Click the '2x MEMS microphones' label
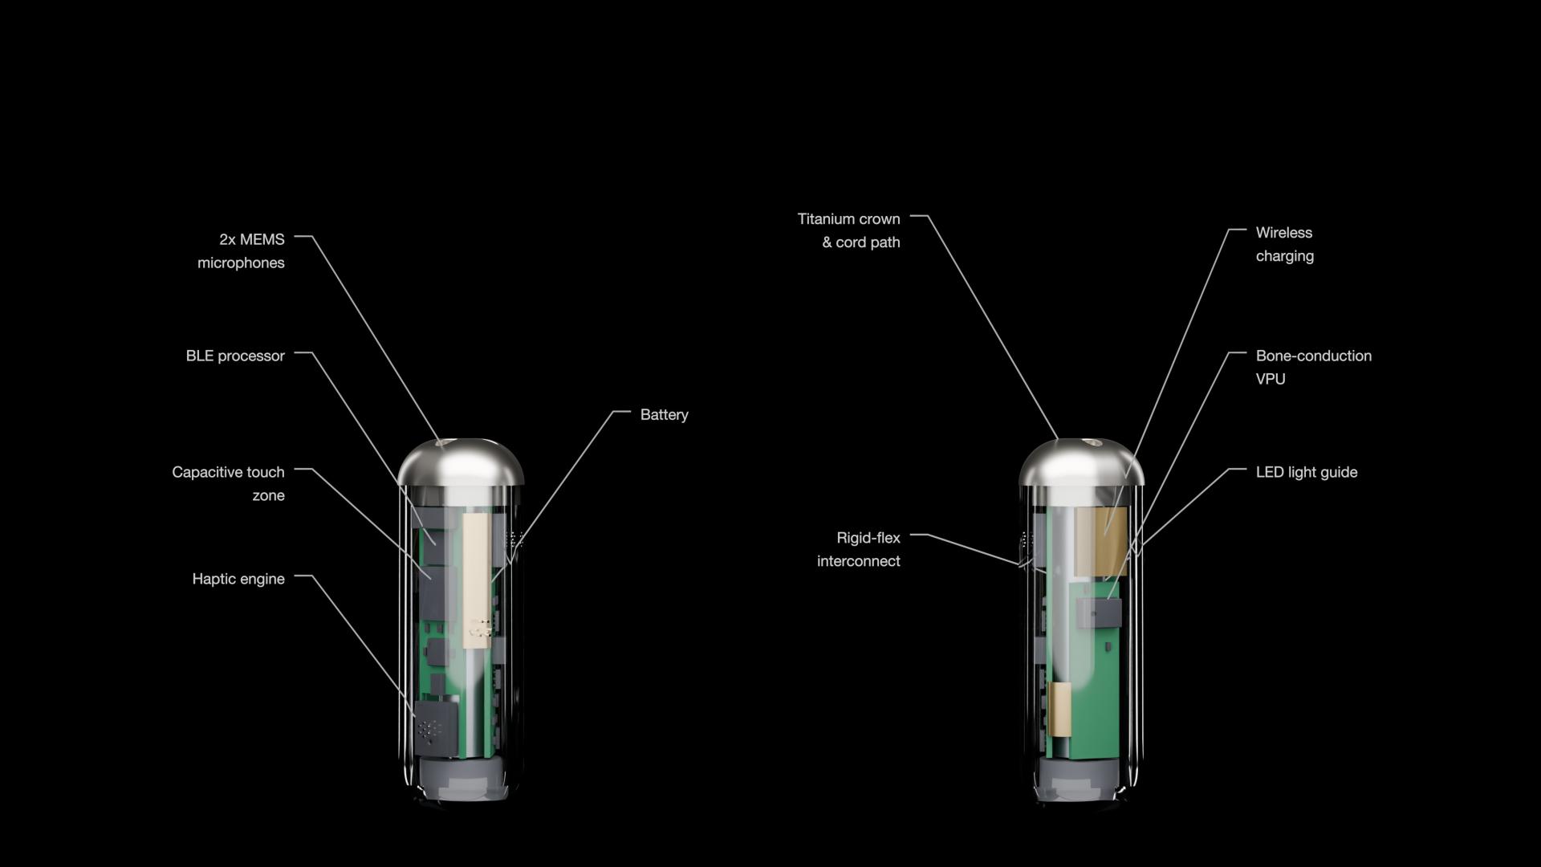coord(241,251)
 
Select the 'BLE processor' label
coord(235,356)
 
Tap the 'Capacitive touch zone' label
coord(228,483)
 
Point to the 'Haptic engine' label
coord(238,579)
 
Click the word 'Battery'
coord(665,415)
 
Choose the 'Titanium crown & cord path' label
coord(848,230)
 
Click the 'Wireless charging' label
coord(1285,244)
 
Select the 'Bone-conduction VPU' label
coord(1314,367)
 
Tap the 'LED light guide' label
coord(1307,472)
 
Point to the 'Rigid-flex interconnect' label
coord(858,549)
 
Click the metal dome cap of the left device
coord(461,462)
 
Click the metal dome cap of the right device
coord(1082,462)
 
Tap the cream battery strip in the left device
coord(477,580)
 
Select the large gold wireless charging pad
coord(1100,541)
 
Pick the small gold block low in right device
coord(1059,709)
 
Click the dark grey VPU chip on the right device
coord(1098,613)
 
